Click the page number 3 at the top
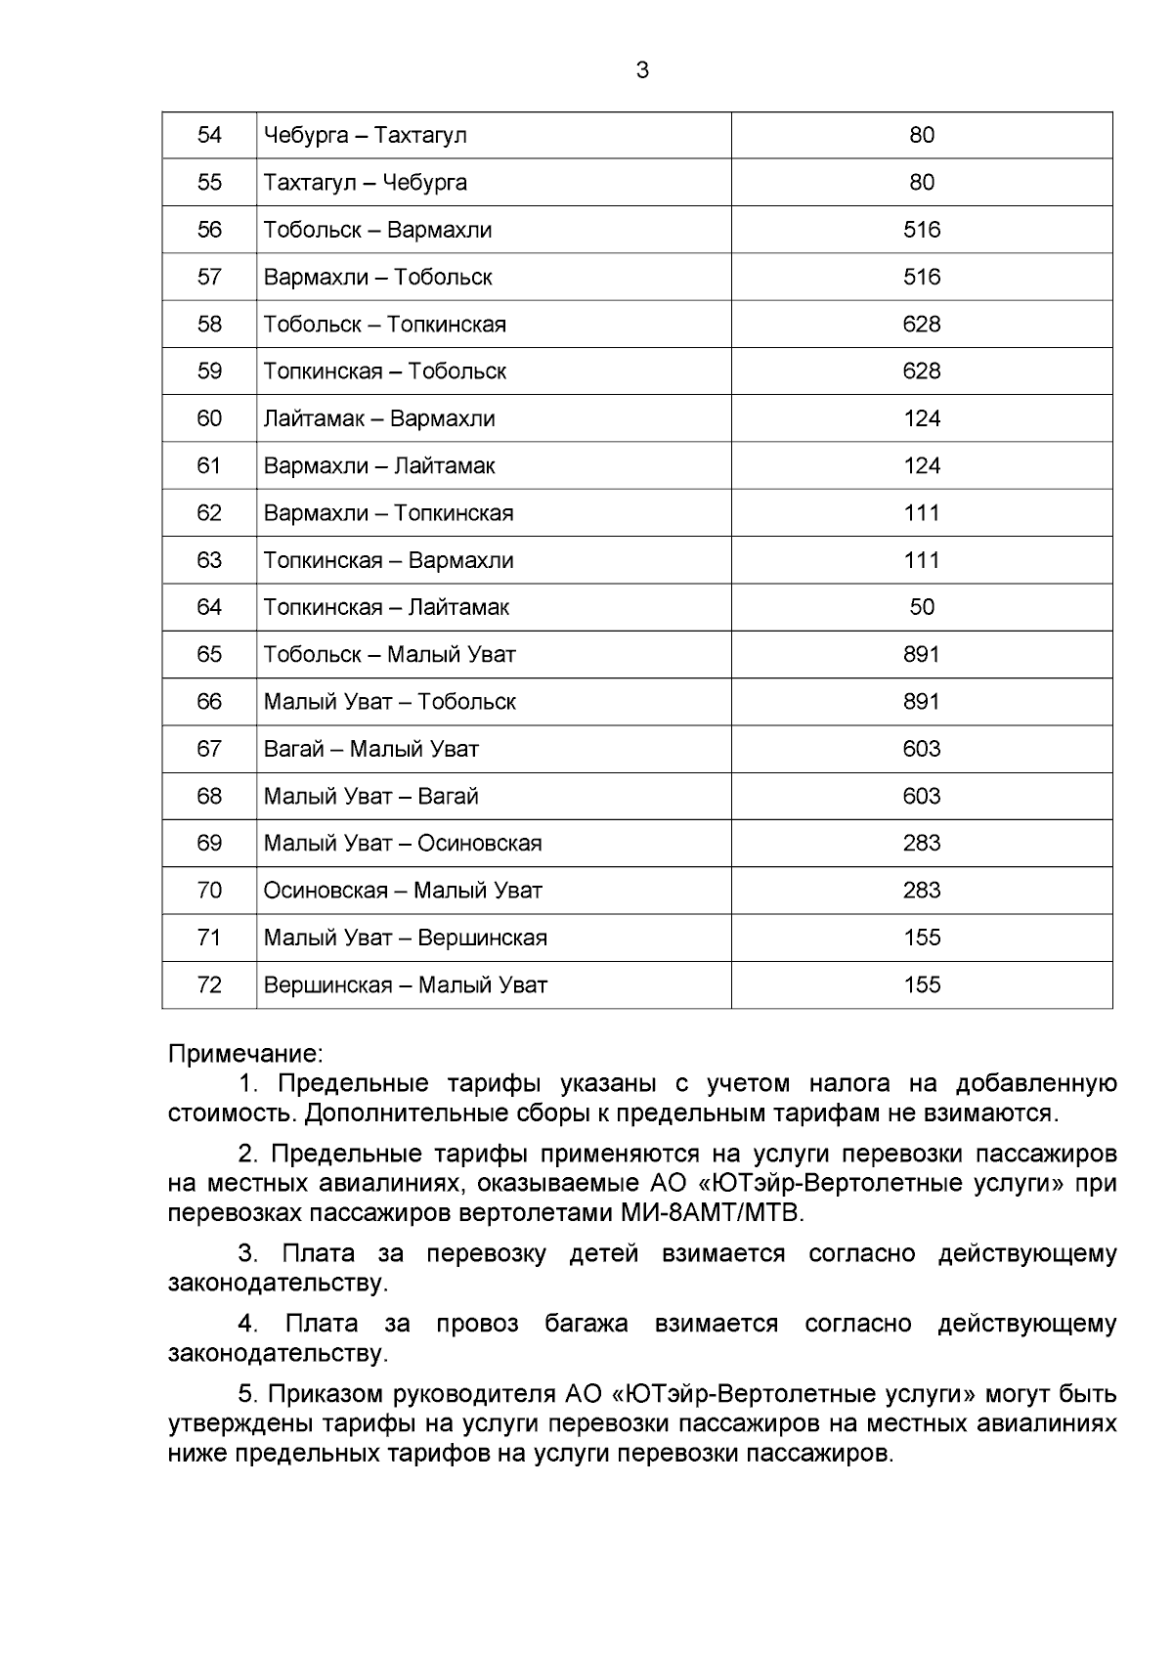642,70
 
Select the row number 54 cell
209,135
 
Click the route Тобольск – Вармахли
377,230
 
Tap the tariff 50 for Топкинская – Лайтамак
921,607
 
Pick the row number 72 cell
209,984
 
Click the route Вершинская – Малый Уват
405,984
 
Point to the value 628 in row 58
921,324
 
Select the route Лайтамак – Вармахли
379,418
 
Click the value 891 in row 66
921,701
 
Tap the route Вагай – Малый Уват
371,749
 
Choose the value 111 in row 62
921,512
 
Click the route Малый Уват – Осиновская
403,843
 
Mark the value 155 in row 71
921,938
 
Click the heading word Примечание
244,1054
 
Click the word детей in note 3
603,1253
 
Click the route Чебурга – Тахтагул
365,135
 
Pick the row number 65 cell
209,654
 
